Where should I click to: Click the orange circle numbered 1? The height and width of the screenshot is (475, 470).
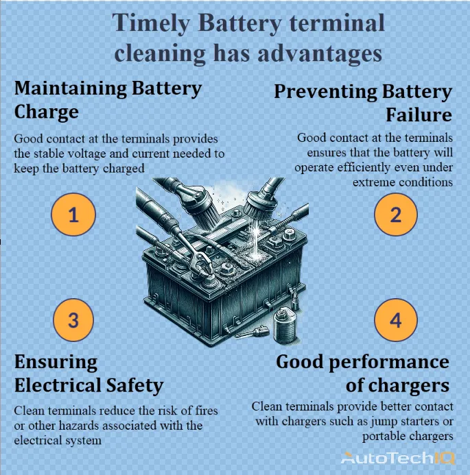tap(73, 215)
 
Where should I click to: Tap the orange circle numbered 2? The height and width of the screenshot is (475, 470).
tap(395, 215)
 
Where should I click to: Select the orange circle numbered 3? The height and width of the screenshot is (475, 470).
tap(73, 319)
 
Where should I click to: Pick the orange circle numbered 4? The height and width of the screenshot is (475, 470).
tap(395, 319)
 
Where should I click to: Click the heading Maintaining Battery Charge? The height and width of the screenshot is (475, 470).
tap(108, 99)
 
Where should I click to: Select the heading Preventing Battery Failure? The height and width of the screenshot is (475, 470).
tap(363, 102)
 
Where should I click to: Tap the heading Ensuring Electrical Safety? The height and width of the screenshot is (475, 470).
tap(89, 374)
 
